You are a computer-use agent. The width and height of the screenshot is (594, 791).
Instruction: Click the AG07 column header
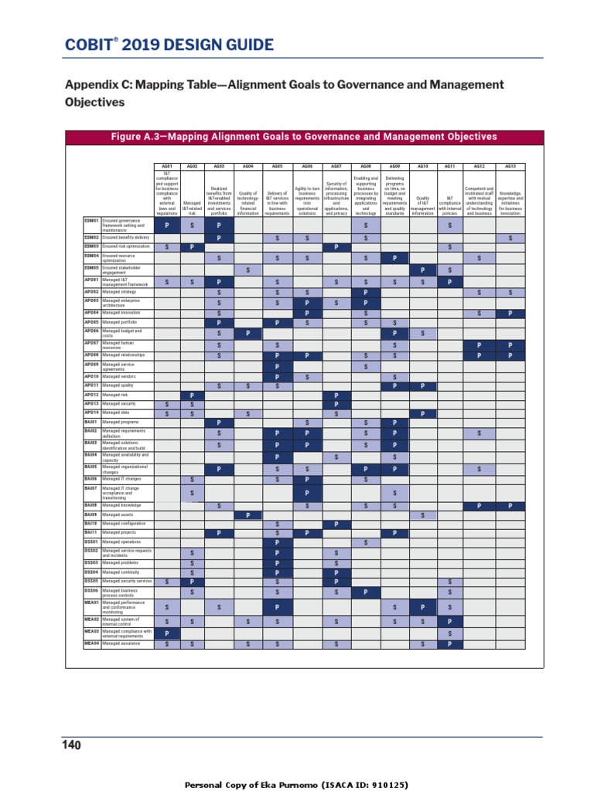pos(336,166)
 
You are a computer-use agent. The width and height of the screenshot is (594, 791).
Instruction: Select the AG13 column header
pos(510,166)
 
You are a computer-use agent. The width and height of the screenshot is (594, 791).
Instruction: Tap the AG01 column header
pos(167,166)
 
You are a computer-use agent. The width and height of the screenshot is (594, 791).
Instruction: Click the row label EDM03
pos(91,246)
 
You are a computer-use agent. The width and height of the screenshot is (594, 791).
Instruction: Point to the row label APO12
pos(91,395)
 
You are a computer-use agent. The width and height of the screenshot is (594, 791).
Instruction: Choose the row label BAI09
pos(91,514)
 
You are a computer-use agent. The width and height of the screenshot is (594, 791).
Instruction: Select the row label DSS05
pos(91,581)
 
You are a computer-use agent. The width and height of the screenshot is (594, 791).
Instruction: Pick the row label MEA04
pos(91,643)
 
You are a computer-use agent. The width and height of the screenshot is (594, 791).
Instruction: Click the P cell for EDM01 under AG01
pos(167,226)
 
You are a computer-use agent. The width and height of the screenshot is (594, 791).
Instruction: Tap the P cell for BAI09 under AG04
pos(247,515)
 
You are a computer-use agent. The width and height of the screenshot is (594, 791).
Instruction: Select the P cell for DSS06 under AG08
pos(365,592)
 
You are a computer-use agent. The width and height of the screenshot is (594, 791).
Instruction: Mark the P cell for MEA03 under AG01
pos(167,633)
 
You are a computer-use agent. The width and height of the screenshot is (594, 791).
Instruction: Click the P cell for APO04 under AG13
pos(510,313)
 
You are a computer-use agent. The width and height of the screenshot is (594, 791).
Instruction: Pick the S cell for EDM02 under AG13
pos(510,238)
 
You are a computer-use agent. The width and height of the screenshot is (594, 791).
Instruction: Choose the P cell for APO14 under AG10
pos(422,414)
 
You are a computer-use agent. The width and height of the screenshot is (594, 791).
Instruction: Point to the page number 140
pos(71,745)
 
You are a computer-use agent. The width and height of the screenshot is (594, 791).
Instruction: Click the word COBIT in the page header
pos(87,46)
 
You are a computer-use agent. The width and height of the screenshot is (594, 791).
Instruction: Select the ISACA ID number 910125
pos(388,785)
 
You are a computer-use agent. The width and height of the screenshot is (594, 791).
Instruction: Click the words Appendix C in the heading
pos(97,84)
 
